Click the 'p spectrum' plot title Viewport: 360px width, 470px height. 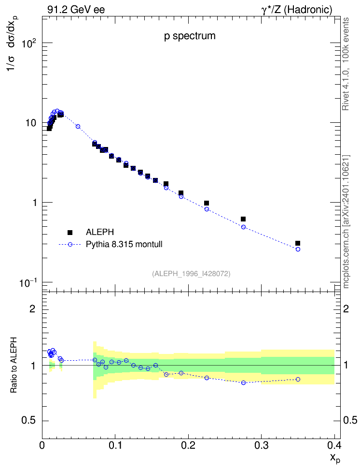pyautogui.click(x=190, y=36)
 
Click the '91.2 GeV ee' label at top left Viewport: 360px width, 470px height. pyautogui.click(x=76, y=10)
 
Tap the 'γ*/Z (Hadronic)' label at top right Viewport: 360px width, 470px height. pyautogui.click(x=297, y=10)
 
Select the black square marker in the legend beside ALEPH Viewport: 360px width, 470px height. pyautogui.click(x=70, y=232)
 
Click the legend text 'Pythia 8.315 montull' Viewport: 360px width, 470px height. pyautogui.click(x=124, y=244)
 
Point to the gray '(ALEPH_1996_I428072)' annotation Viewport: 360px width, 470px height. pyautogui.click(x=191, y=274)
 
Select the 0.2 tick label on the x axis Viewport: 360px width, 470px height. pyautogui.click(x=188, y=445)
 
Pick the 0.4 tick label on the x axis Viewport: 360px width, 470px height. pyautogui.click(x=334, y=445)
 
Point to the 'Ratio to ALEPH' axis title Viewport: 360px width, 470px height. pyautogui.click(x=14, y=365)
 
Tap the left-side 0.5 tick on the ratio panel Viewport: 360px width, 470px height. pyautogui.click(x=29, y=421)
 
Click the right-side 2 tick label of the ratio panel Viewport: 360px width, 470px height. pyautogui.click(x=346, y=308)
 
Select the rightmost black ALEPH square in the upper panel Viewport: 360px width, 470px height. pyautogui.click(x=297, y=243)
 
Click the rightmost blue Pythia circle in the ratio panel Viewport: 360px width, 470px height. pyautogui.click(x=298, y=379)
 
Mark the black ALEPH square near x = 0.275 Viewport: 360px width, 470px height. pyautogui.click(x=243, y=219)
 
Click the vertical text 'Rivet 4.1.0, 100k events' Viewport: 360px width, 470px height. pyautogui.click(x=346, y=64)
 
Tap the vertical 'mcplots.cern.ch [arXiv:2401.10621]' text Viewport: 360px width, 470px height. pyautogui.click(x=346, y=221)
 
